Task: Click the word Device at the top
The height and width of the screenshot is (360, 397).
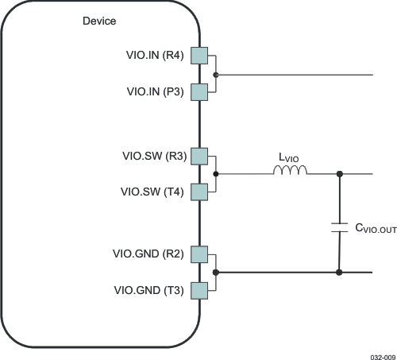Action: pos(99,21)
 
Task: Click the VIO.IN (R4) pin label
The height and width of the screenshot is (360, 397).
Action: pos(156,56)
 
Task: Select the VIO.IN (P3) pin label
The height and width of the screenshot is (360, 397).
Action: pos(156,91)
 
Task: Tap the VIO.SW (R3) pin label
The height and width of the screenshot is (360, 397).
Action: pos(156,156)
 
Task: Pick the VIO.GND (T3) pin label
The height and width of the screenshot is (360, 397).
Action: pos(148,290)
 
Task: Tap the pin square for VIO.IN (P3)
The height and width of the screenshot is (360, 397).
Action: pos(198,91)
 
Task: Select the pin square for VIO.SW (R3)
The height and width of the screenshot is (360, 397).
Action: pos(198,156)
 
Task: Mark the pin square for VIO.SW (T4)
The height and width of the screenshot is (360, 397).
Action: pos(198,192)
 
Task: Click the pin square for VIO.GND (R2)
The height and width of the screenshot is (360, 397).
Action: pos(198,254)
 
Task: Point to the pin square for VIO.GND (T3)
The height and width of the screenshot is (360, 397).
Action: pos(198,290)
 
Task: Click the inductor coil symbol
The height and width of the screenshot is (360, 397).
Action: pos(291,171)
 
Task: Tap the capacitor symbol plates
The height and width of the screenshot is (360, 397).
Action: pos(340,228)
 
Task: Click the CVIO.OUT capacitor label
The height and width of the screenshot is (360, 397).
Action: pos(375,229)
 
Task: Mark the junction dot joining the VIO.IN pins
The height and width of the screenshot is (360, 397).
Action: pos(216,75)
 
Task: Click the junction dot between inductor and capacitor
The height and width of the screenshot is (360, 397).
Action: pos(340,173)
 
